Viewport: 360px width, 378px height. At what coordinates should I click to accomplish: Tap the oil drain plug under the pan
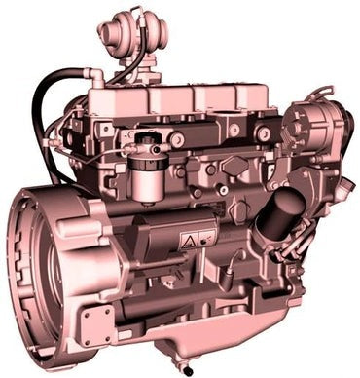pos(186,368)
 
